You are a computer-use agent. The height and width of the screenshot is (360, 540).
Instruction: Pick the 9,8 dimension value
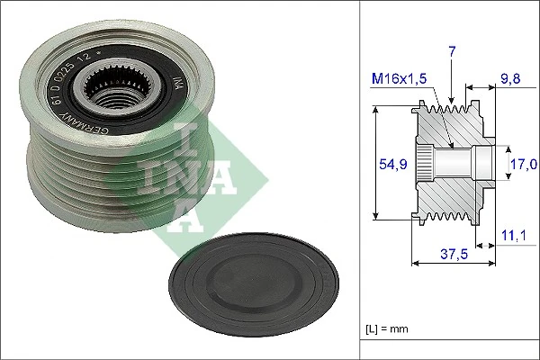[511, 79]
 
